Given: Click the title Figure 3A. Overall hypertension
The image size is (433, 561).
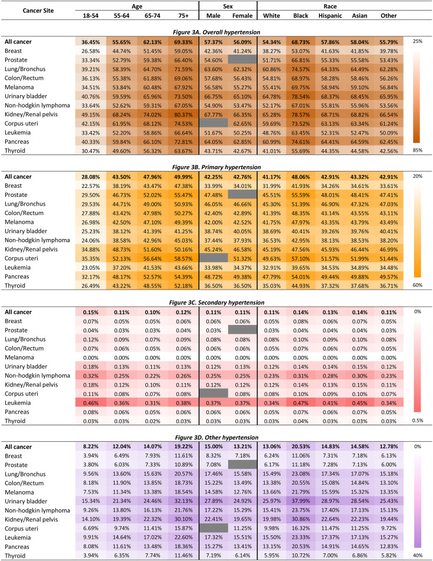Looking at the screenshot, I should pyautogui.click(x=215, y=31).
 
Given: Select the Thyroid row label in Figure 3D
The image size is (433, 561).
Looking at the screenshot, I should pyautogui.click(x=16, y=555).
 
